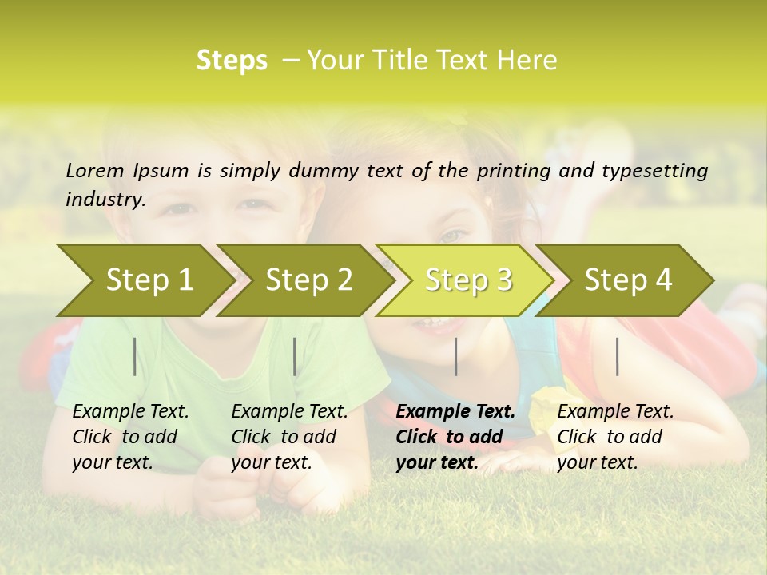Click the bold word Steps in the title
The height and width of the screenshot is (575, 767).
tap(232, 61)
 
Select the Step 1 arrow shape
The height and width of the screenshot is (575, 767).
tap(144, 280)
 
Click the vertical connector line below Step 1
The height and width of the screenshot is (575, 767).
tap(135, 356)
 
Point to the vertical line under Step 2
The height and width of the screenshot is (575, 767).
tap(295, 356)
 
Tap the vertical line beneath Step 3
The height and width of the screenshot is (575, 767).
tap(455, 356)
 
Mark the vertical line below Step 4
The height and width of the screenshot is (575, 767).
tap(617, 356)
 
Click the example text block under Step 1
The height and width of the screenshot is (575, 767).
tap(130, 437)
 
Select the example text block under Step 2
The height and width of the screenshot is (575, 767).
tap(289, 437)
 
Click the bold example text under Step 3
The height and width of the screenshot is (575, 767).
tap(455, 437)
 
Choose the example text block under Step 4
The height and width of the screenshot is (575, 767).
tap(615, 437)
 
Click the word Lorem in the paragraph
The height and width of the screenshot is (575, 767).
tap(95, 171)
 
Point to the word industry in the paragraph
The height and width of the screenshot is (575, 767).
tap(105, 200)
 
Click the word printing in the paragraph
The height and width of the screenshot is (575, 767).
tap(523, 171)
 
